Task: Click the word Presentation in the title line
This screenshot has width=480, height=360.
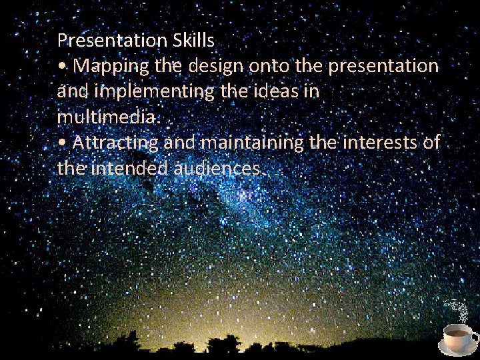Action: [112, 41]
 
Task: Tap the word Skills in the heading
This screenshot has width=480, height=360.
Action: [193, 41]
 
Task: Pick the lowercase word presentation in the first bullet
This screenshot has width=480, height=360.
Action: [365, 66]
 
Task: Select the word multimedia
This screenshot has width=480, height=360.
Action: [107, 117]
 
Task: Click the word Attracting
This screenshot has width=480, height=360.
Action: [115, 143]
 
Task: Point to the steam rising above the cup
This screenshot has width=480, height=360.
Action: [457, 309]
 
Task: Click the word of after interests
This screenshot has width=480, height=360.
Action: [431, 143]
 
